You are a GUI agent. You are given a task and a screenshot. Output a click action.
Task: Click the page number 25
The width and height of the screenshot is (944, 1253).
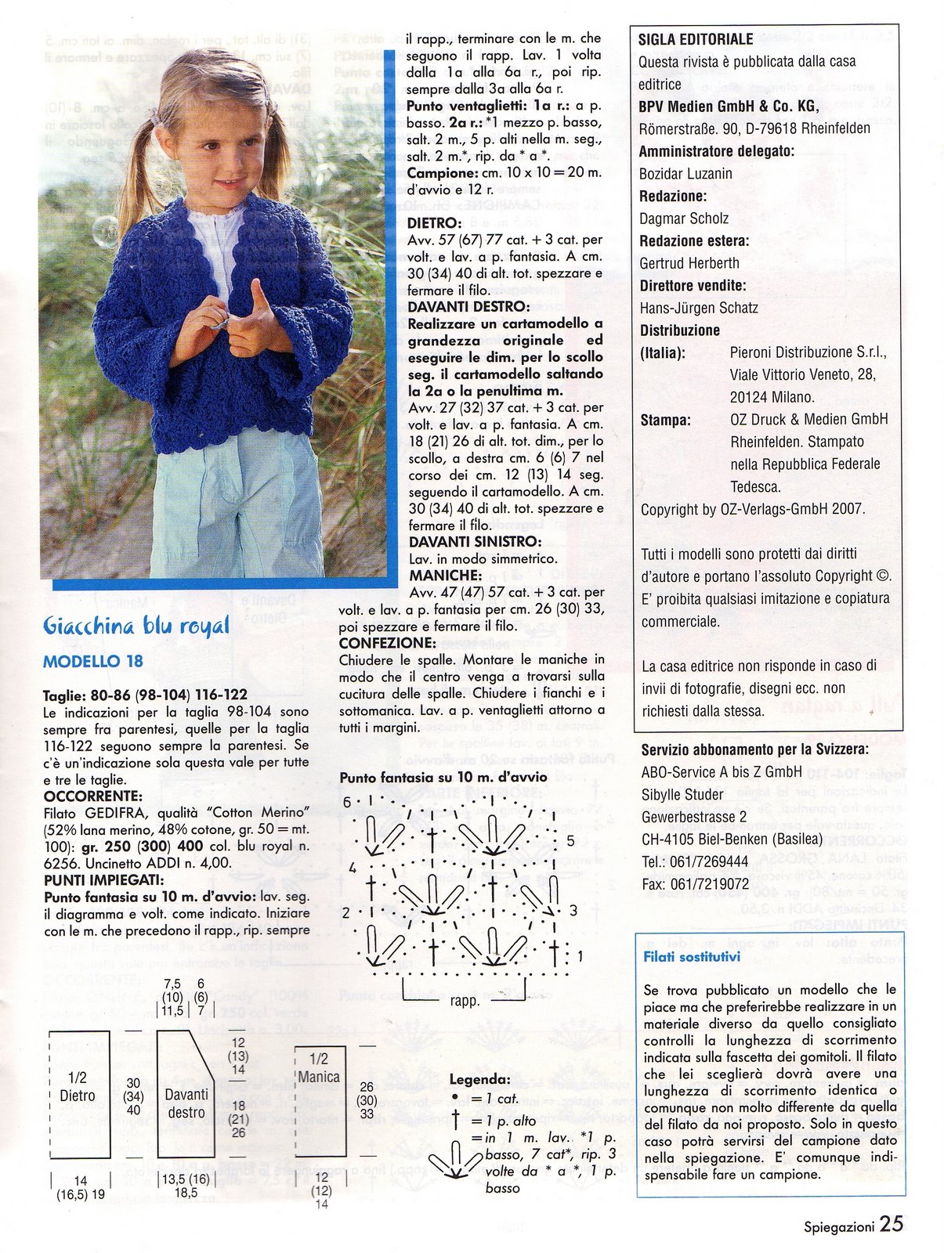coord(891,1224)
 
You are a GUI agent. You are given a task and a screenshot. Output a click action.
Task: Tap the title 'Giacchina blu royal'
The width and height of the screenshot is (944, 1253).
coord(136,626)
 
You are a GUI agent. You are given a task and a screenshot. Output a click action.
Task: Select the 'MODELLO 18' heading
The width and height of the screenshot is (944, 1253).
coord(93,662)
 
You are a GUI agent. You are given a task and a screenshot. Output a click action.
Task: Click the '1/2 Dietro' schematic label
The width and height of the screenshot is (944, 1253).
coord(78,1087)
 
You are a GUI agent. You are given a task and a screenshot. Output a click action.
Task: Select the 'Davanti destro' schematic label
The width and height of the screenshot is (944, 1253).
coord(186,1103)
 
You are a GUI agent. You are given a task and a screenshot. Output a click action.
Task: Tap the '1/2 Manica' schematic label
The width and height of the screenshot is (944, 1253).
coord(319,1068)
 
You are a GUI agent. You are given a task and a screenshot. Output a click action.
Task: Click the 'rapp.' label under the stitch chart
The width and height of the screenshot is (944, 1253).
coord(465,1001)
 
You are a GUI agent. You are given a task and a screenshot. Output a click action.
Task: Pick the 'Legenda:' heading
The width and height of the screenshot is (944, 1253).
coord(479,1080)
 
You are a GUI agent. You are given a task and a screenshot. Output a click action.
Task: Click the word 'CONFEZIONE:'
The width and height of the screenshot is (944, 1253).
coord(387,643)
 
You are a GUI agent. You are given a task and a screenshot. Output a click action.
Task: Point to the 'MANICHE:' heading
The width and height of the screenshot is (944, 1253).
coord(443,576)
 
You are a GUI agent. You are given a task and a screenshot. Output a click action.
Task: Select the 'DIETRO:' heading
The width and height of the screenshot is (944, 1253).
coord(435,223)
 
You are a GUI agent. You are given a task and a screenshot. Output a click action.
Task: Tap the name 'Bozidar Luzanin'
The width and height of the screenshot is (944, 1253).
coord(685,174)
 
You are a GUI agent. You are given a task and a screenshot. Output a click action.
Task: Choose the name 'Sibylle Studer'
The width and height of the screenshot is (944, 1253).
coord(682,794)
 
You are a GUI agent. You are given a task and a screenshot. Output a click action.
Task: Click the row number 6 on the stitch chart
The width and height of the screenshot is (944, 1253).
coord(347,802)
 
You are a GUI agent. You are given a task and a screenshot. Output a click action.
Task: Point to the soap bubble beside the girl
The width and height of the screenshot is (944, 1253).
coord(104,230)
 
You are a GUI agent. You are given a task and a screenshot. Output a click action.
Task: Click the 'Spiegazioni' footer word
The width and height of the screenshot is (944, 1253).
coord(838,1227)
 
